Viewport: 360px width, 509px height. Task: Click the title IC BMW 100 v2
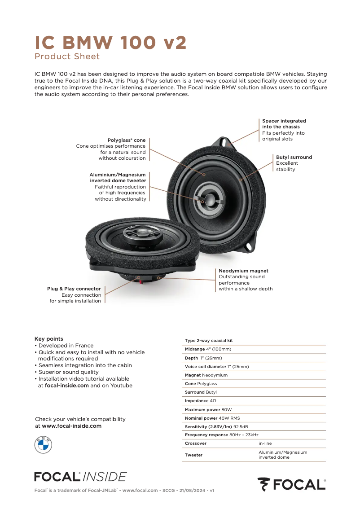point(110,43)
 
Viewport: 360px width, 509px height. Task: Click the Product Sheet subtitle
point(67,57)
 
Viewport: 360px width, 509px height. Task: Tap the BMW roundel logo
point(43,444)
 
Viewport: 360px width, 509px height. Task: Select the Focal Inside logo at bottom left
point(80,476)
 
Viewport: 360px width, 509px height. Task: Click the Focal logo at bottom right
point(291,484)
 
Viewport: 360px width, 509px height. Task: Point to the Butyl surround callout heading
point(294,158)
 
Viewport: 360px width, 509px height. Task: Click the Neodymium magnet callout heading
point(243,271)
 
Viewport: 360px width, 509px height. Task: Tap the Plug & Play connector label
point(74,289)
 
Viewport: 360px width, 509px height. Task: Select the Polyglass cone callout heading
point(127,140)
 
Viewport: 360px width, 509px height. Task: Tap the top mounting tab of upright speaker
point(224,142)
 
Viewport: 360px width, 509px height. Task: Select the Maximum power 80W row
point(208,410)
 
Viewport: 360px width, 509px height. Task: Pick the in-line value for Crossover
point(265,443)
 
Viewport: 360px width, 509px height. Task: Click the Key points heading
point(49,339)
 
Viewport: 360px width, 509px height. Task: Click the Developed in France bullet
point(66,346)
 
